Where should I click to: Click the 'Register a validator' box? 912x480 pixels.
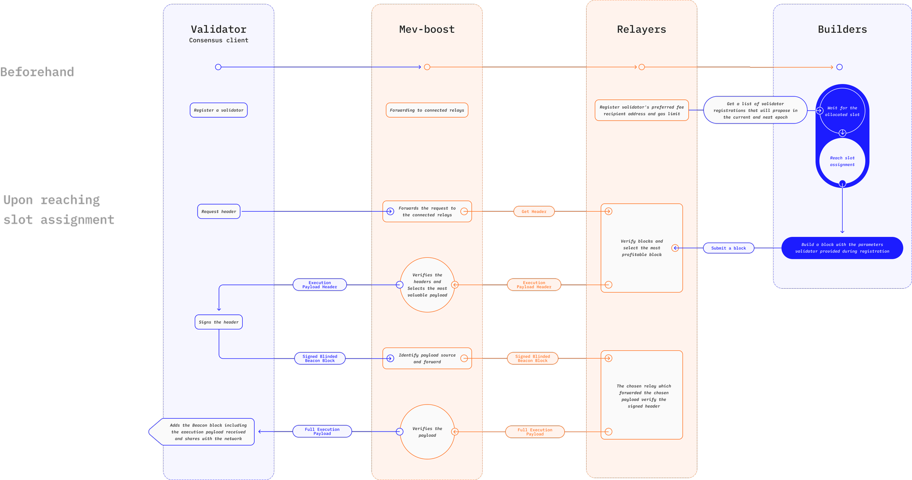point(218,110)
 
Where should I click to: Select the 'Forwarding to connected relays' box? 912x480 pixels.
point(427,110)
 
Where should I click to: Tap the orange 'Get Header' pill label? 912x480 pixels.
point(534,212)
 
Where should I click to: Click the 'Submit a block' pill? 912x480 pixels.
point(728,248)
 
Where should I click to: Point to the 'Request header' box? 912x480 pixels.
point(218,212)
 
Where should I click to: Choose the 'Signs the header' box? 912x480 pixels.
point(218,322)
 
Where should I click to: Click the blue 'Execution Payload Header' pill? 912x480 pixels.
point(320,285)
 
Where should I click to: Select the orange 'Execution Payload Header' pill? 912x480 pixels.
point(534,285)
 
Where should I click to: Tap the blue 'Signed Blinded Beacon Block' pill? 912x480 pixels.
point(320,358)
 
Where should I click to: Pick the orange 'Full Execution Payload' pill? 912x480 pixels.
point(535,432)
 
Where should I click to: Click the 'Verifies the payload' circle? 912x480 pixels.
point(427,432)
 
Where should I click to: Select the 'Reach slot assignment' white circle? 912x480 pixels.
point(842,161)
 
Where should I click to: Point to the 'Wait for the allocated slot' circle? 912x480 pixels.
point(842,111)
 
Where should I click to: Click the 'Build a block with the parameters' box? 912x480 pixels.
point(842,248)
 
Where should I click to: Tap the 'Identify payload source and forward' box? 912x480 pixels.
point(427,358)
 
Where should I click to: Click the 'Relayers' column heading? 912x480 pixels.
point(641,29)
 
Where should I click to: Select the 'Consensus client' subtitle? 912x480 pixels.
point(218,40)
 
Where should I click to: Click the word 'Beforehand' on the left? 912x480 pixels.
point(37,72)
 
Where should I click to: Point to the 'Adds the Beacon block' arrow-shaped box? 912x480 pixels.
point(204,432)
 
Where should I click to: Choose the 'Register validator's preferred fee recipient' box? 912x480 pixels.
point(641,111)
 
